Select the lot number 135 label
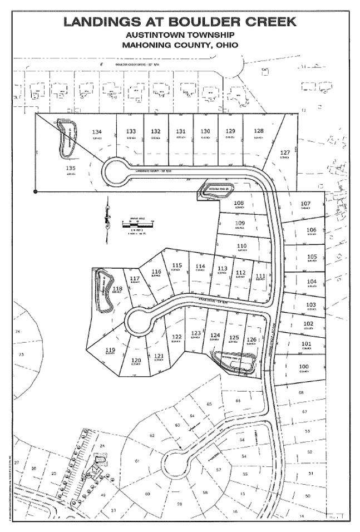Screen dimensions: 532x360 point(71,168)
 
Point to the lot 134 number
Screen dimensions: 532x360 point(95,131)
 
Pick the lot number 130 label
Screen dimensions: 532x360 point(205,131)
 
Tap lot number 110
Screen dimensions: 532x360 point(241,245)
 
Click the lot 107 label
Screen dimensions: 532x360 point(305,203)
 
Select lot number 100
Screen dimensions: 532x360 point(303,366)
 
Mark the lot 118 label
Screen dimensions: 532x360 point(117,288)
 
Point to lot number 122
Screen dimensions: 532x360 point(177,337)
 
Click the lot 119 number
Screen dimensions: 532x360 point(110,349)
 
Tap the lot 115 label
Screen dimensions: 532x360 point(177,265)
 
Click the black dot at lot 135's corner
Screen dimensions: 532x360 point(36,192)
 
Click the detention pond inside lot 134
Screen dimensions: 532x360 point(67,139)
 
